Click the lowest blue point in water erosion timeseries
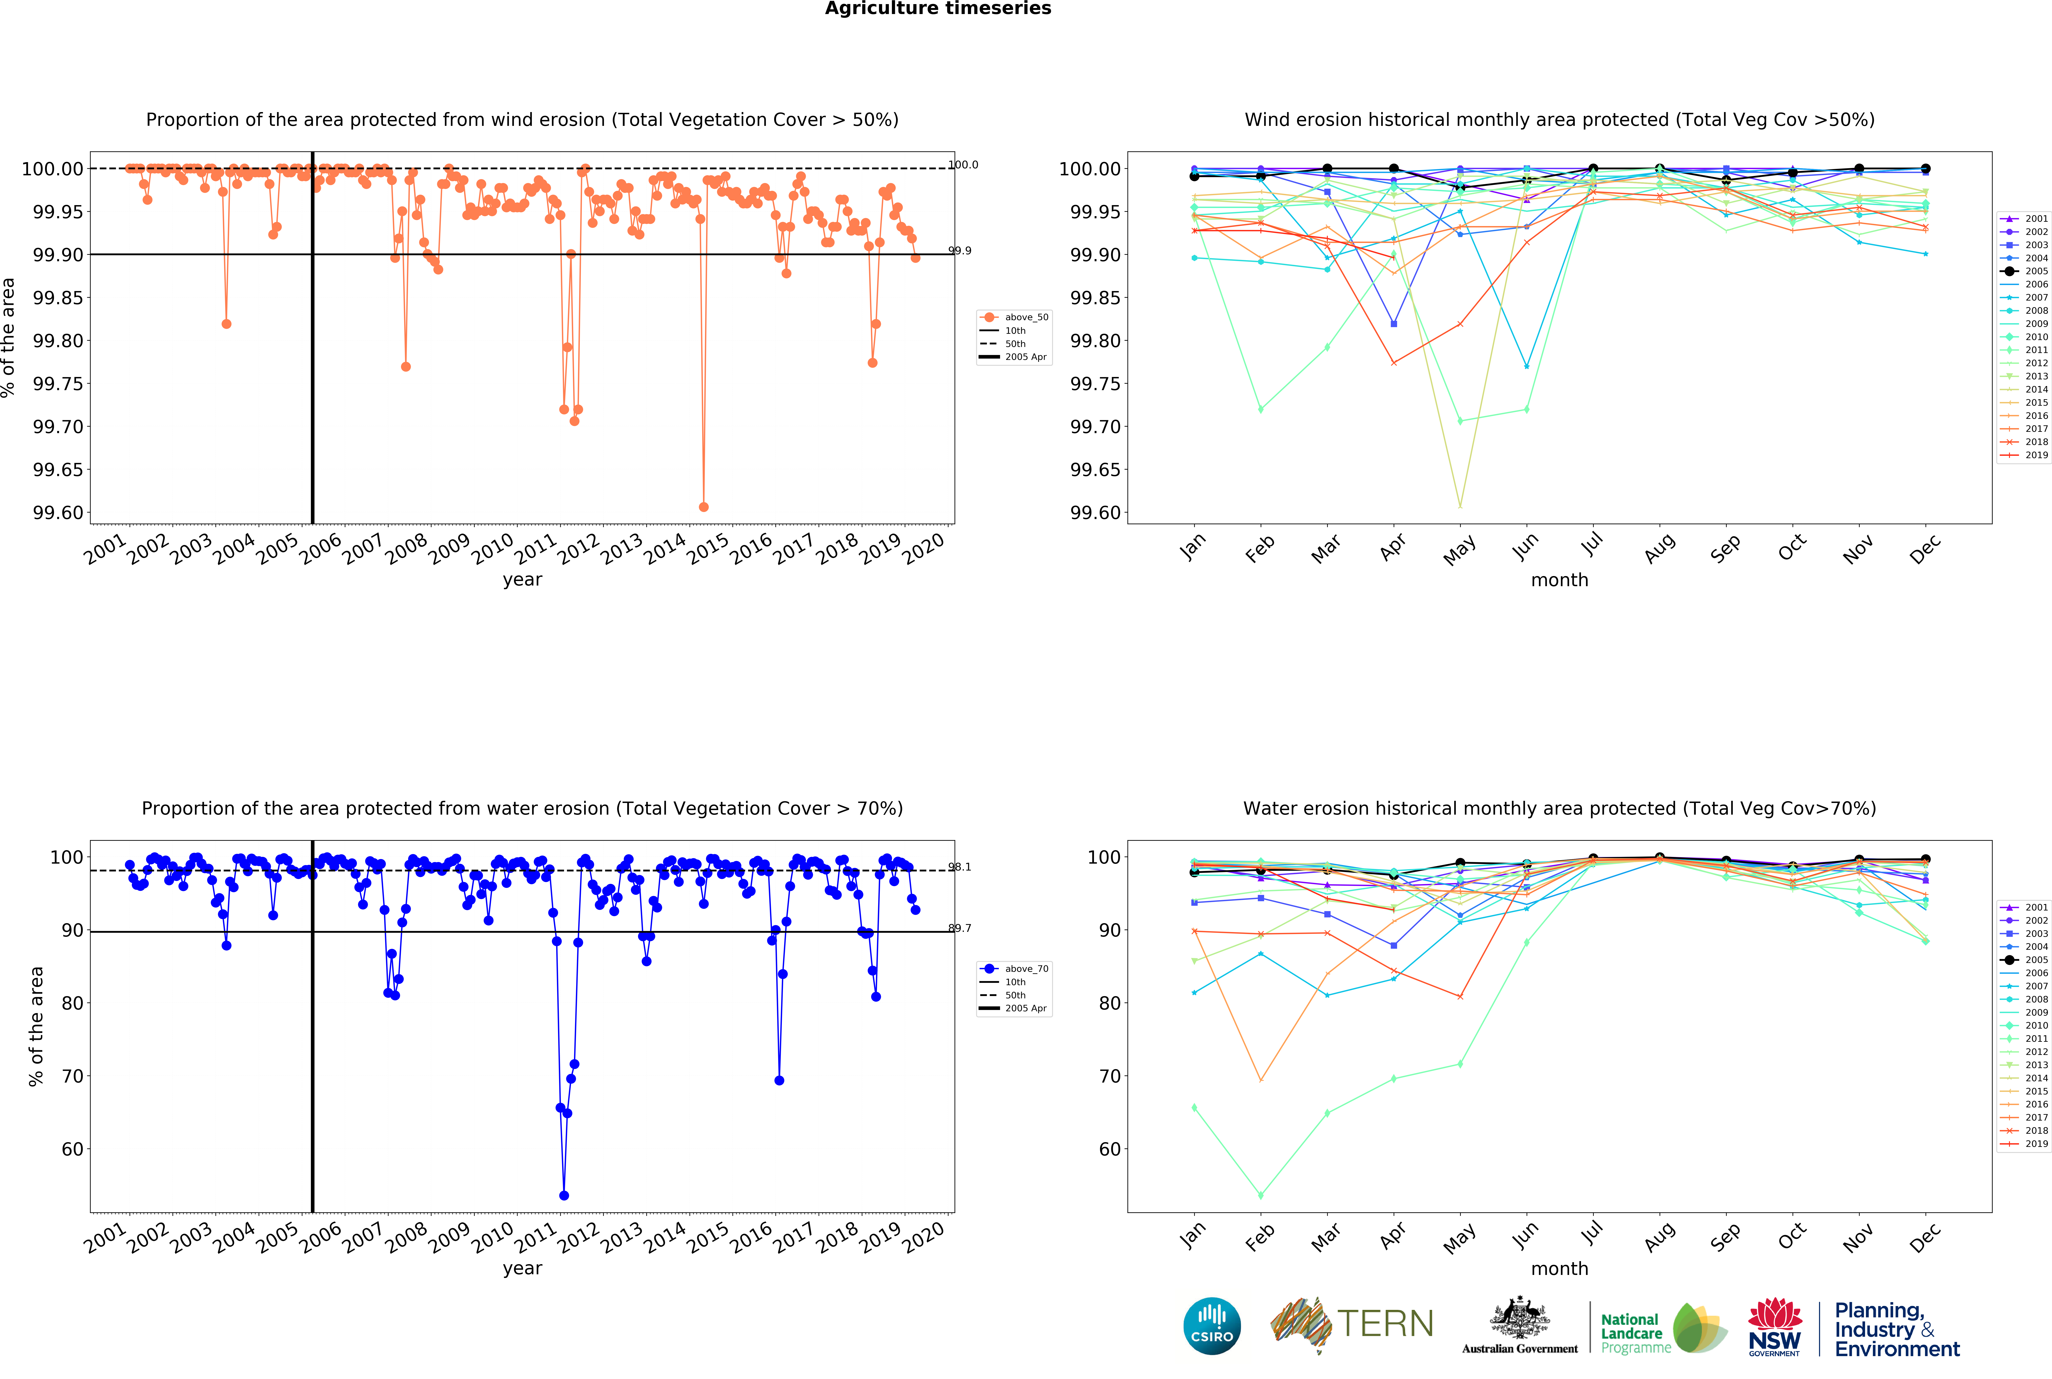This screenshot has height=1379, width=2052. (x=564, y=1195)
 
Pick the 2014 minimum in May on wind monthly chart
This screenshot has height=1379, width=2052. (x=1460, y=507)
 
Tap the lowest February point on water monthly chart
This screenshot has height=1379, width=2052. (x=1261, y=1195)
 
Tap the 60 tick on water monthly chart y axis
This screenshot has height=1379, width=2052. (x=1110, y=1149)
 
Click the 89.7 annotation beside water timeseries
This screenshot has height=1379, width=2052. (x=959, y=928)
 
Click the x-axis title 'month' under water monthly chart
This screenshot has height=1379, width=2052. (x=1560, y=1268)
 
